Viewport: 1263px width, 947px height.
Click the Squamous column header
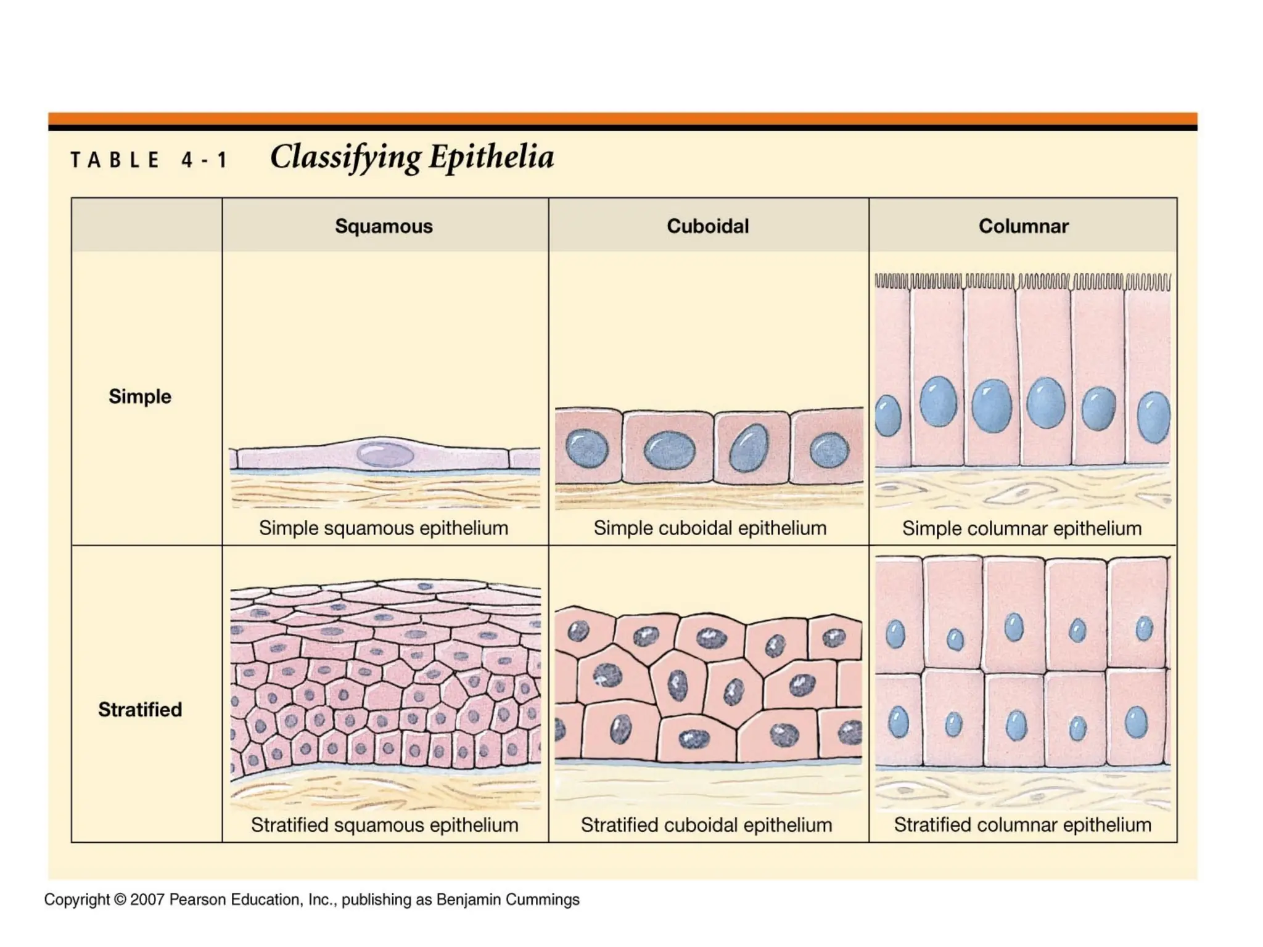[x=384, y=226]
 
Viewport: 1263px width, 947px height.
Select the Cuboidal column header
[x=707, y=226]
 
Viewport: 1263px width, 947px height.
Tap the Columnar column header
[x=1023, y=226]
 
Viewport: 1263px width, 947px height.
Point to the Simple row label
[x=140, y=396]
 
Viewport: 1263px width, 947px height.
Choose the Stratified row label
[x=140, y=710]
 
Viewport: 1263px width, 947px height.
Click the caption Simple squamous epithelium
[x=384, y=528]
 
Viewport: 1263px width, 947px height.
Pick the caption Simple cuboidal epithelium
[x=710, y=528]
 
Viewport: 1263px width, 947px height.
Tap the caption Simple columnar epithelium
[x=1022, y=528]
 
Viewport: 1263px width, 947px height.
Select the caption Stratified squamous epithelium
[x=384, y=825]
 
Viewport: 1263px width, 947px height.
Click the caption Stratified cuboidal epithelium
[x=707, y=825]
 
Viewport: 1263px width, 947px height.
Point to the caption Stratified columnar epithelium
[x=1022, y=825]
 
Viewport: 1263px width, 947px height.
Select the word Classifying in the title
[x=345, y=158]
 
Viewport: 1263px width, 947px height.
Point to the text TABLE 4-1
[x=149, y=160]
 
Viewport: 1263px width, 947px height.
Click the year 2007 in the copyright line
[x=147, y=900]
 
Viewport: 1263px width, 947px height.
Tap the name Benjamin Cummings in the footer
[x=508, y=900]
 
